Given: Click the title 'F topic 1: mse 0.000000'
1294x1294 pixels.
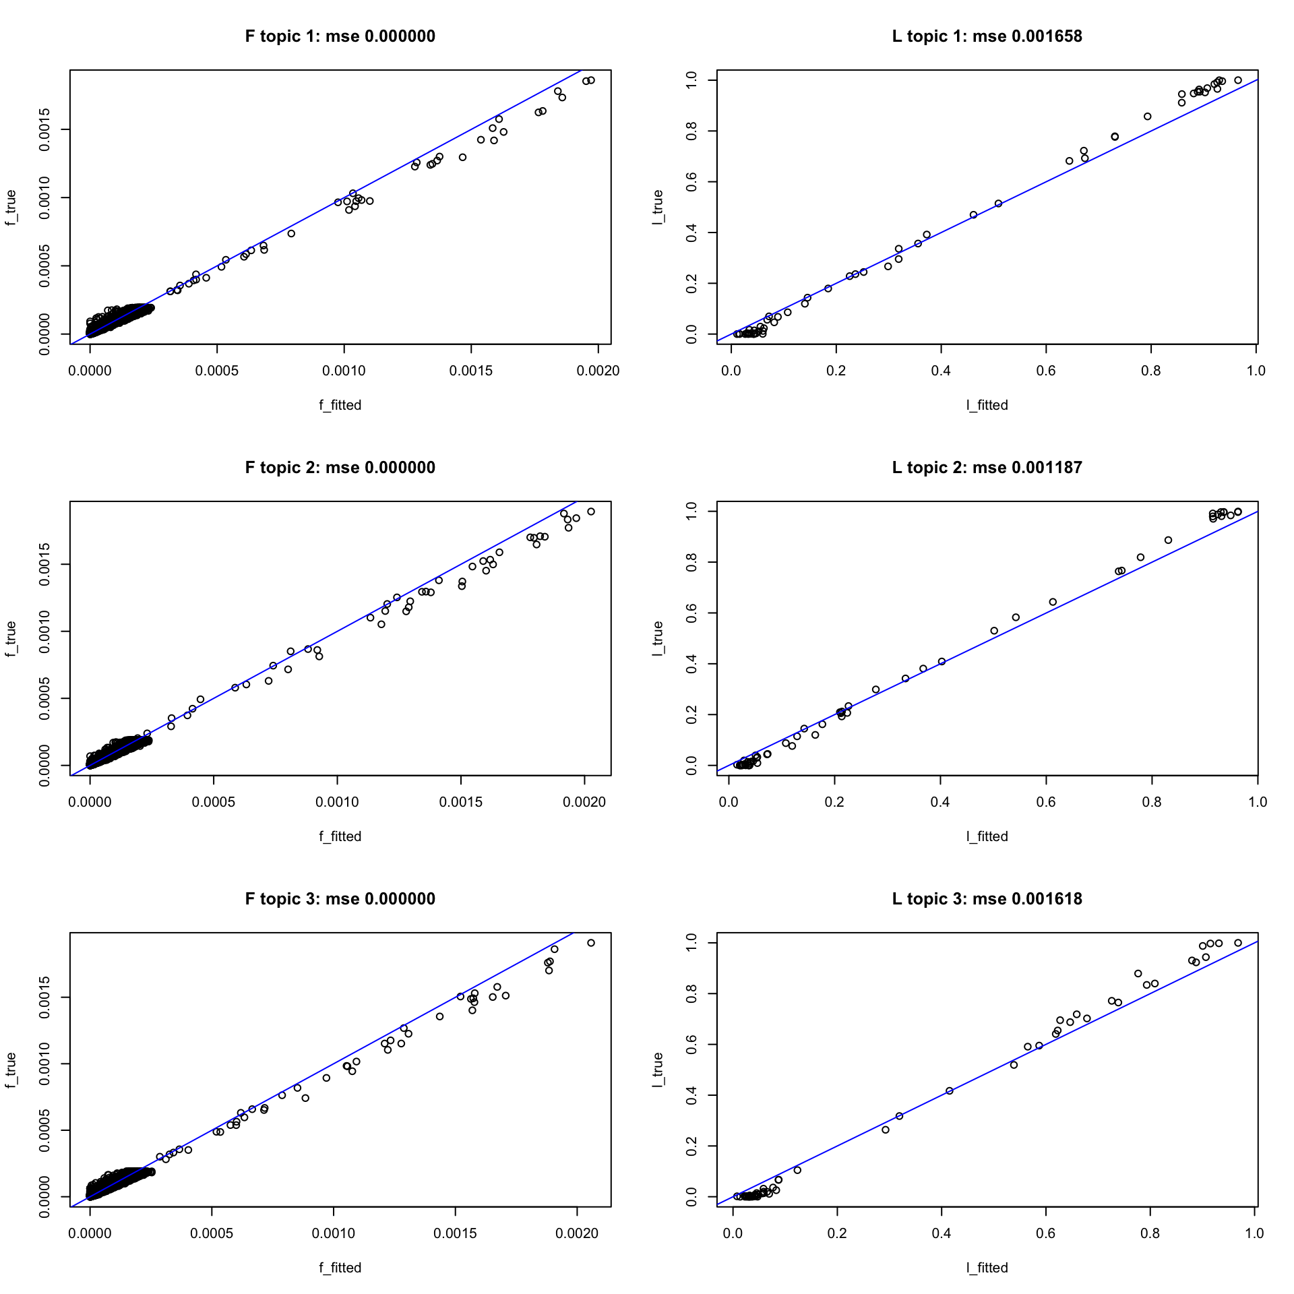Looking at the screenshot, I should point(340,36).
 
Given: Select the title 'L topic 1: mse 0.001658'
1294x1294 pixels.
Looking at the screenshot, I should point(987,36).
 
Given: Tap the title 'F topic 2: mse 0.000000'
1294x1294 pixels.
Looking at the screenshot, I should point(340,468).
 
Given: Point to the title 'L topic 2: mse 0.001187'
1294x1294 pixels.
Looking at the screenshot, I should point(987,468).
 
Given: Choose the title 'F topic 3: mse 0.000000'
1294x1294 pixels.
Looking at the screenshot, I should point(340,899).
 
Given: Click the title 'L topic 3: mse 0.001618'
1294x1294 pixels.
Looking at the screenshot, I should point(987,899).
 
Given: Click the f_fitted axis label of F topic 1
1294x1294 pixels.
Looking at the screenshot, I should point(340,405).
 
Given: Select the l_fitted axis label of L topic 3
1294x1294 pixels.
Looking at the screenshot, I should point(987,1268).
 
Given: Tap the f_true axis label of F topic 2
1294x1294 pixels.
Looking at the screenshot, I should point(11,639).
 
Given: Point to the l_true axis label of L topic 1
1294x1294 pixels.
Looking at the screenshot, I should point(658,208).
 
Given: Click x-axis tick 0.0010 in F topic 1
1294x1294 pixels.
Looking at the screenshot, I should point(344,371).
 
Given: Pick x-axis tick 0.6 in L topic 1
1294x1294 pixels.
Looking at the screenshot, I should point(1046,371).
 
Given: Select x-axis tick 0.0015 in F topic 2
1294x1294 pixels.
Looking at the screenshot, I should point(461,802).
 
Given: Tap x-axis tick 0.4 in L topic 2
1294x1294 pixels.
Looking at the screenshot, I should point(940,802).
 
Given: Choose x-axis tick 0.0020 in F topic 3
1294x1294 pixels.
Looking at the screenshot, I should point(577,1233).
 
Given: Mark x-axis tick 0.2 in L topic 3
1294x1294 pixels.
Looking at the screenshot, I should point(837,1233).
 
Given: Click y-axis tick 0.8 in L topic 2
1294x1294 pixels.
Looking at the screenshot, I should point(691,562).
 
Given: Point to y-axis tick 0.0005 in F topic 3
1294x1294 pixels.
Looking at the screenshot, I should point(44,1131).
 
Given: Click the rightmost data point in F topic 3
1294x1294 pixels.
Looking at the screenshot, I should point(591,943).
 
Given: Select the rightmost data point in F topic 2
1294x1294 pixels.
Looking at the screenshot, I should point(591,512).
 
